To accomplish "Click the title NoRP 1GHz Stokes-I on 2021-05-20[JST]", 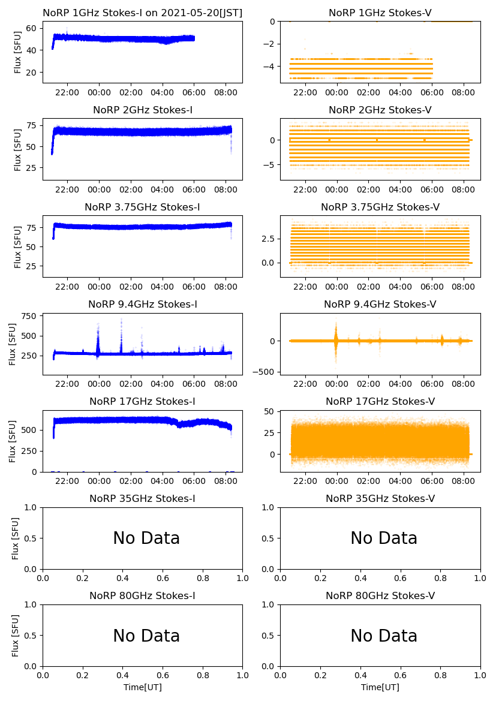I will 143,13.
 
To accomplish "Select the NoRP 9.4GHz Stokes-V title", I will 380,305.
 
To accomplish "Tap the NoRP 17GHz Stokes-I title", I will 143,402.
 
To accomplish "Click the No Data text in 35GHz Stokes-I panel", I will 146,538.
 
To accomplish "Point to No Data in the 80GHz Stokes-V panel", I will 384,636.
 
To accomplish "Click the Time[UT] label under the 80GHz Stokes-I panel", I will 143,687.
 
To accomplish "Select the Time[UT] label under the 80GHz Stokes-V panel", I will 380,687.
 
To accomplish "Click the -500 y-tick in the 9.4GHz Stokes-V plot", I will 263,372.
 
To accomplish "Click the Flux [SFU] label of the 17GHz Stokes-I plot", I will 13,441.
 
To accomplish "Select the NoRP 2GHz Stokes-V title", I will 380,110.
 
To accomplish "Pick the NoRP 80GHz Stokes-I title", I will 143,596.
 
